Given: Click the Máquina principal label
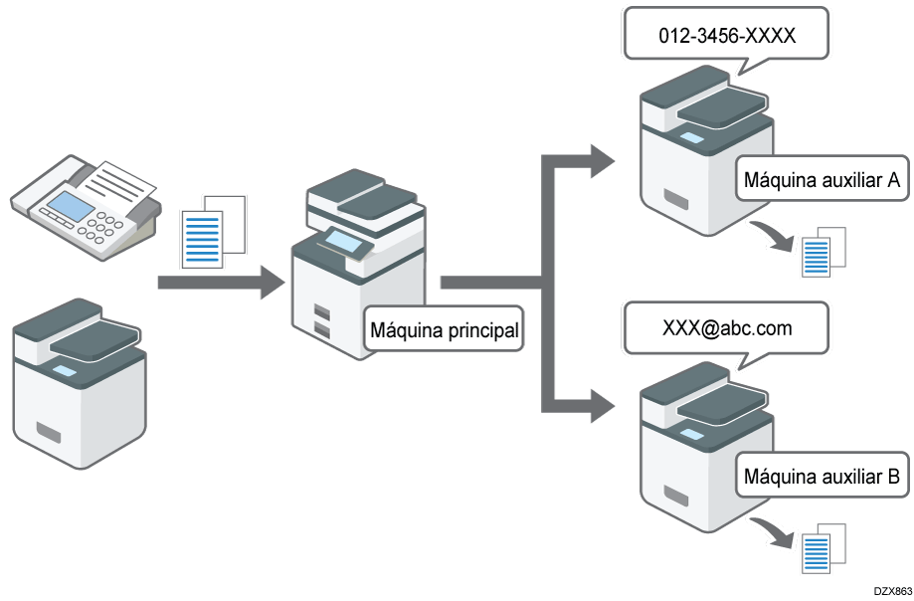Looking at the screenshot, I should pyautogui.click(x=445, y=330).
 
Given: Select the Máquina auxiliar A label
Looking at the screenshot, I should pyautogui.click(x=822, y=180).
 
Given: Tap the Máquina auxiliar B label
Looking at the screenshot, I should pyautogui.click(x=822, y=477).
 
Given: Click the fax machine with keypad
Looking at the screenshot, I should pyautogui.click(x=84, y=198).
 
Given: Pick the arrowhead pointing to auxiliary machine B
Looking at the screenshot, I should pyautogui.click(x=603, y=405).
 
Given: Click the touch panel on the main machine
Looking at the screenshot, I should pyautogui.click(x=343, y=239).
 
